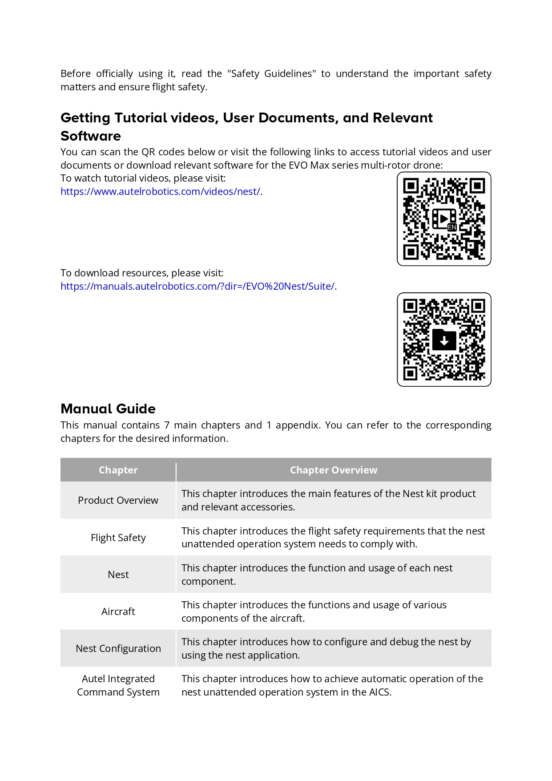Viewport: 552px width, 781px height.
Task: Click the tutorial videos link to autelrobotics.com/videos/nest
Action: click(x=161, y=192)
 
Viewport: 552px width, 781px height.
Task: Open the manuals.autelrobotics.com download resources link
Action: click(x=198, y=287)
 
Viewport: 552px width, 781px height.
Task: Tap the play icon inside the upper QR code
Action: click(x=443, y=219)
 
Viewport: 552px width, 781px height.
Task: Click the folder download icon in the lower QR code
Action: click(x=444, y=340)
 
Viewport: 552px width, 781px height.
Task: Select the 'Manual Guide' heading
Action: click(x=108, y=409)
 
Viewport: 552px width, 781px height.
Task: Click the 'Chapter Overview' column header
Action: click(x=334, y=470)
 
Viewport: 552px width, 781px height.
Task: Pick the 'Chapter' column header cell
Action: click(x=118, y=470)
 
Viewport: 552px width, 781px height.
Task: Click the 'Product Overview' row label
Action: click(x=118, y=501)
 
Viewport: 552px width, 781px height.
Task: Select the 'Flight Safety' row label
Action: click(x=118, y=538)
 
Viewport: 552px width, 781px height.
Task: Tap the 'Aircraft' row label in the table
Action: click(x=118, y=612)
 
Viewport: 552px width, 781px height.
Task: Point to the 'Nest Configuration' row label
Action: click(x=118, y=649)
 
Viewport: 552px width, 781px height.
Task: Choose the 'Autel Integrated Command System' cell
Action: click(x=118, y=686)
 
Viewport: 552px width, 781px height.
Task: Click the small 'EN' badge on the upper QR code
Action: click(x=452, y=227)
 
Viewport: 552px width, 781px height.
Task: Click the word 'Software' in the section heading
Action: click(x=91, y=136)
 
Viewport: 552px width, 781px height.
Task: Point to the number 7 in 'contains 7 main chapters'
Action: click(x=167, y=425)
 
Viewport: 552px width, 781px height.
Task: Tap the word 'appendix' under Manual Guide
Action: click(x=297, y=425)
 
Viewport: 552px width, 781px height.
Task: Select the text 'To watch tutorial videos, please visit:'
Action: click(x=143, y=178)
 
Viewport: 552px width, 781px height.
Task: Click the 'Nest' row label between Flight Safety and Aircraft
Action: click(x=118, y=575)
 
